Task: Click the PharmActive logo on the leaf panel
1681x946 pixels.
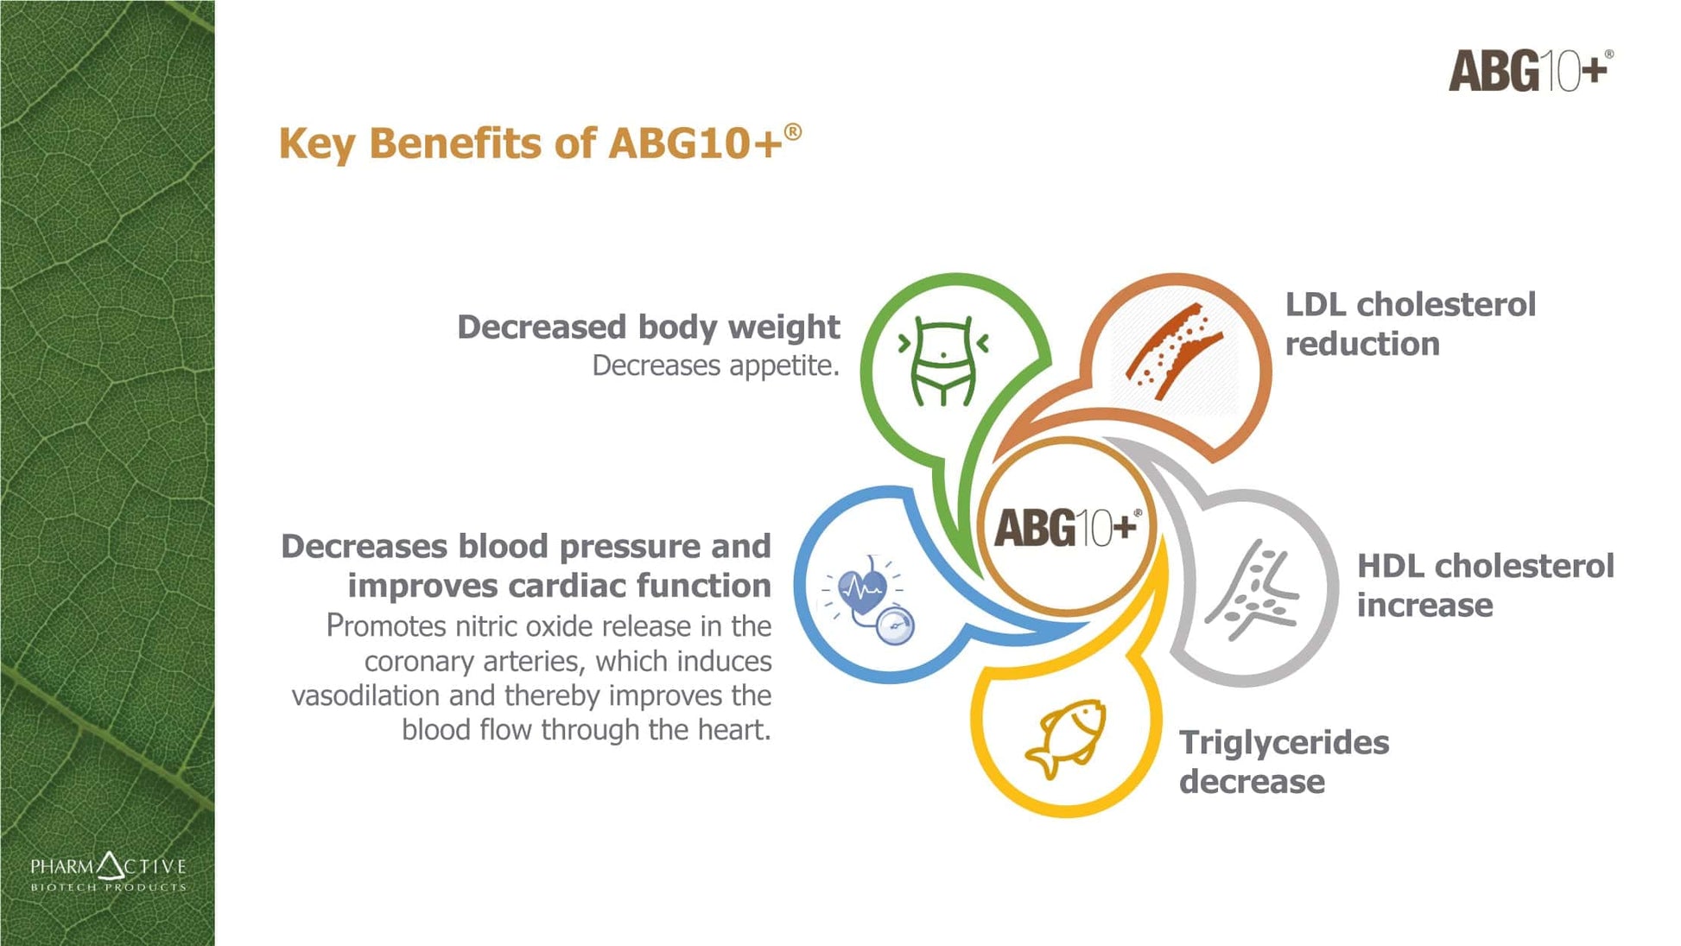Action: click(x=108, y=872)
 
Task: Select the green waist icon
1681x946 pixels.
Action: click(x=943, y=361)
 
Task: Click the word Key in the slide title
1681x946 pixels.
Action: click(x=316, y=144)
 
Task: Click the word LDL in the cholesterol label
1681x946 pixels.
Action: click(x=1316, y=304)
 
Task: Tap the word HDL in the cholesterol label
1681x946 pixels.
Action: click(x=1389, y=566)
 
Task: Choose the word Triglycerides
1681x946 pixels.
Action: click(x=1285, y=744)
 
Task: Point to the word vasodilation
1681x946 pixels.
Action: click(x=365, y=695)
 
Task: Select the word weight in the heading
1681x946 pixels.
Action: click(x=783, y=328)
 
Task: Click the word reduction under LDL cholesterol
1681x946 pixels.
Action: click(x=1362, y=344)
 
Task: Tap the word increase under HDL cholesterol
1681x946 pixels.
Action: click(x=1424, y=606)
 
